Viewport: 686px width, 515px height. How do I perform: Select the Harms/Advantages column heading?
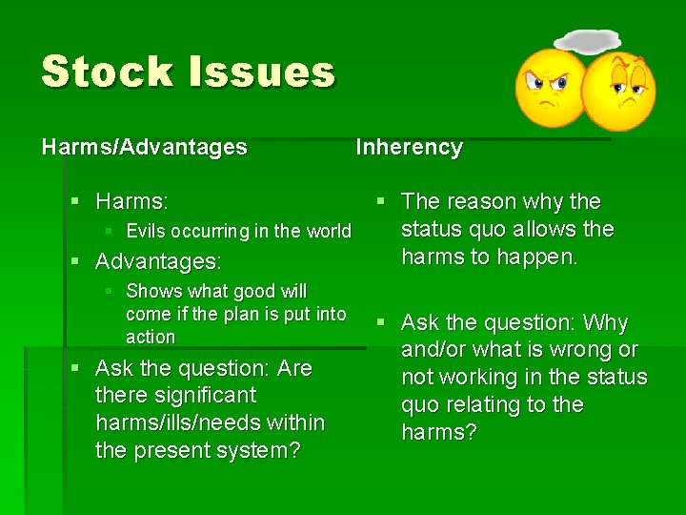[144, 147]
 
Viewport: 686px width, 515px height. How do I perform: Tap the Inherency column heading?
[409, 147]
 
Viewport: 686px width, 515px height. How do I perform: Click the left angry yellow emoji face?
[552, 87]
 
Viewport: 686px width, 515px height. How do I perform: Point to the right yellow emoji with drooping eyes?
[620, 92]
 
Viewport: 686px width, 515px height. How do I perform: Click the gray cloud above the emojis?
[587, 41]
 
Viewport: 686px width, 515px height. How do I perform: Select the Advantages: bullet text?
[158, 260]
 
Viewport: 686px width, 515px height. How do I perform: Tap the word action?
[151, 337]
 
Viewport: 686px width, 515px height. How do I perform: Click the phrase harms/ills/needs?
[210, 422]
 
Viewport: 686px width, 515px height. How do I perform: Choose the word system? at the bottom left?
[258, 450]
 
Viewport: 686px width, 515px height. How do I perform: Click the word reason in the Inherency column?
[486, 201]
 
